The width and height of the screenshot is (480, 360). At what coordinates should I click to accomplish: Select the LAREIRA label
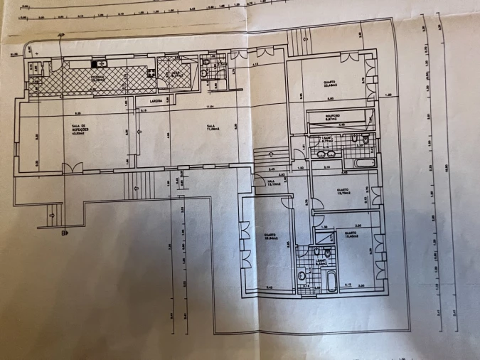156,101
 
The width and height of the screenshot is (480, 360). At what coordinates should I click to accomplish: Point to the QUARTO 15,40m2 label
350,234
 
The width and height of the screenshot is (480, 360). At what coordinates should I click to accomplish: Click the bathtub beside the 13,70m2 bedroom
356,164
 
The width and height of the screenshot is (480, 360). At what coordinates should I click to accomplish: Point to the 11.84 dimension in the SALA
210,107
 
